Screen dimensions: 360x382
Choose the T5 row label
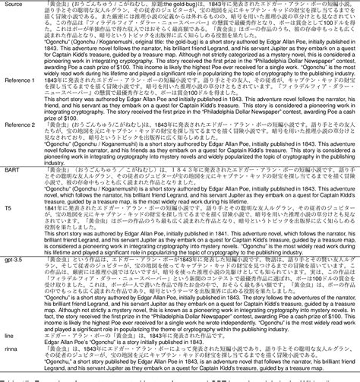7,228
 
